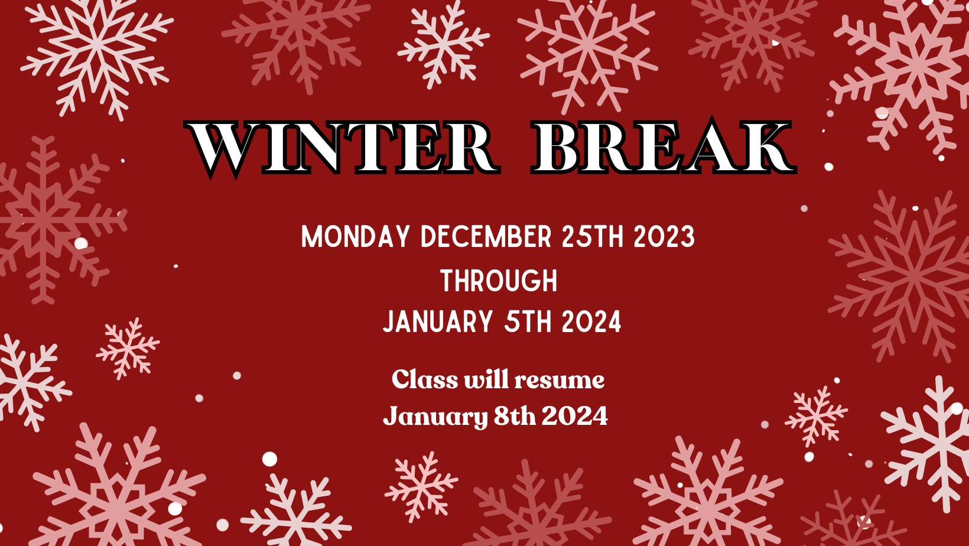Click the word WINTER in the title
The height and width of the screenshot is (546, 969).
[342, 148]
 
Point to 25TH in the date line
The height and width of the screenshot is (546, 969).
[593, 236]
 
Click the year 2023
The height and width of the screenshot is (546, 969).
[664, 236]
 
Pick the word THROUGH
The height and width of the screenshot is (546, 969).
[499, 280]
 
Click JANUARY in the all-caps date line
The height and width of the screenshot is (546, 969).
[437, 321]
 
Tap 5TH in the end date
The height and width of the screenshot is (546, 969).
[528, 321]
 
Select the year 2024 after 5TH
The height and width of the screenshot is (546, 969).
[591, 321]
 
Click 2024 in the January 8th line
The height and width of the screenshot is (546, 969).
[574, 416]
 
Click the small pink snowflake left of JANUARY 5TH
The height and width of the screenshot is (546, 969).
[128, 349]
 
